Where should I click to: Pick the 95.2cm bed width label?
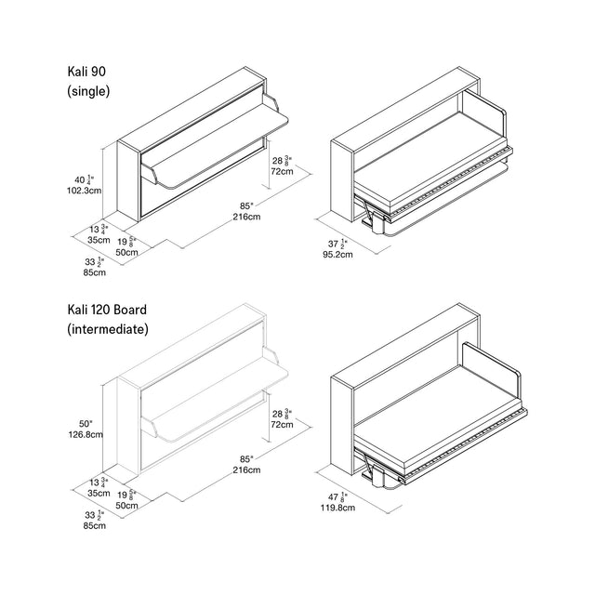[337, 254]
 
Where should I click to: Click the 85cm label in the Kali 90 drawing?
[92, 272]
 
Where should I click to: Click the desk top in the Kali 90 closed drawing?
[223, 130]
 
